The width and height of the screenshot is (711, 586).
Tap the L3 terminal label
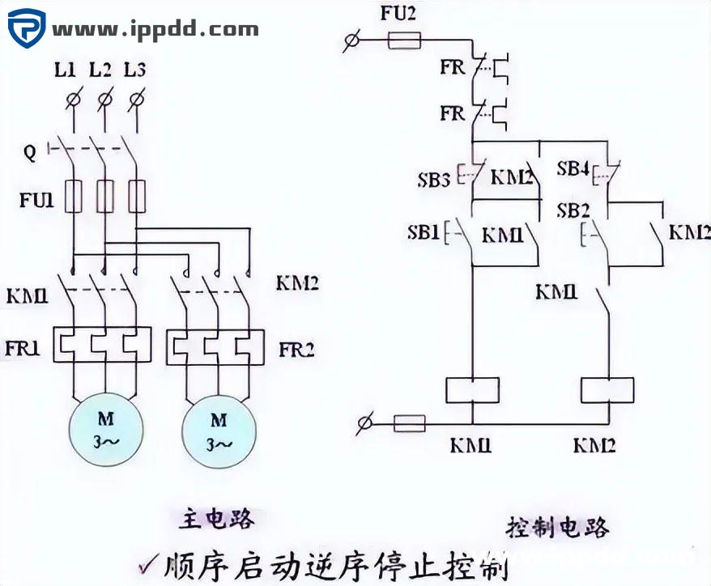point(135,70)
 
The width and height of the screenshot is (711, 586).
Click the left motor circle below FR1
point(106,431)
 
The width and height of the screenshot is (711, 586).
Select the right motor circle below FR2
point(219,431)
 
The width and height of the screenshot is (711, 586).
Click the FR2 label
point(296,350)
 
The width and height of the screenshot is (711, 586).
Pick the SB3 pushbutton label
point(433,180)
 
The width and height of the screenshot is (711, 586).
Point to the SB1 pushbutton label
point(423,234)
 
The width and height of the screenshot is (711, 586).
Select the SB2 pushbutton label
point(573,210)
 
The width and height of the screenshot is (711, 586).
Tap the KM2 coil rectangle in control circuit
point(607,389)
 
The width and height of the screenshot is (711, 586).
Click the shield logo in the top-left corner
point(27,30)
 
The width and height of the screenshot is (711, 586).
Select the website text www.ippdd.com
point(155,30)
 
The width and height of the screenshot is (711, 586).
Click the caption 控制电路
point(558,527)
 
